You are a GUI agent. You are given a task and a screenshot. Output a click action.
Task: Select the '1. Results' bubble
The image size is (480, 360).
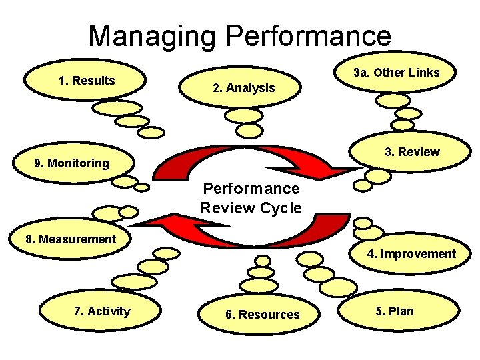pos(87,81)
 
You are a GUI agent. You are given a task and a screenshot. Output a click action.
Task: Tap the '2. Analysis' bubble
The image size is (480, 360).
pos(243,88)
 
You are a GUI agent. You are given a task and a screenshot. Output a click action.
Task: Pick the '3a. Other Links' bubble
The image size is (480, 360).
pos(396,73)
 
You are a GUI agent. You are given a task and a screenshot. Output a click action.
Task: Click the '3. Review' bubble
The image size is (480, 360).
pos(411,152)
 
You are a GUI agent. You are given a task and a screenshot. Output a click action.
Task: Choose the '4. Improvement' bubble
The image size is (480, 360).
pos(411,254)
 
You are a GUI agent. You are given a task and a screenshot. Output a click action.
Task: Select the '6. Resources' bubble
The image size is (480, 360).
pos(262,315)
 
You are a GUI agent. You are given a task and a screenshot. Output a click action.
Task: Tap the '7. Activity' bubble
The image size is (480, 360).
pos(102,311)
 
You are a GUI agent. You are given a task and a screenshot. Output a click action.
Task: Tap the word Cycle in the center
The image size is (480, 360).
pos(279,207)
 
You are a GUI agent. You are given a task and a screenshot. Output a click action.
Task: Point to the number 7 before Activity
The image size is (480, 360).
pos(78,311)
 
